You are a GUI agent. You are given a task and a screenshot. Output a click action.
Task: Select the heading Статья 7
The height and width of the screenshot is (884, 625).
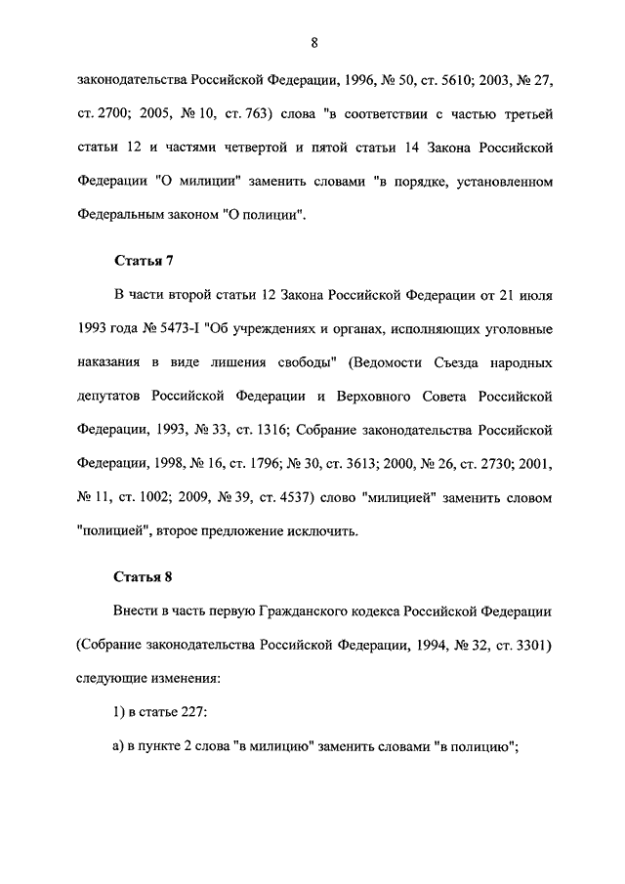tap(144, 261)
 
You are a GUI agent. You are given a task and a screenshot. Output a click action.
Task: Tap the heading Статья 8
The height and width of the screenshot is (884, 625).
tap(144, 574)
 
